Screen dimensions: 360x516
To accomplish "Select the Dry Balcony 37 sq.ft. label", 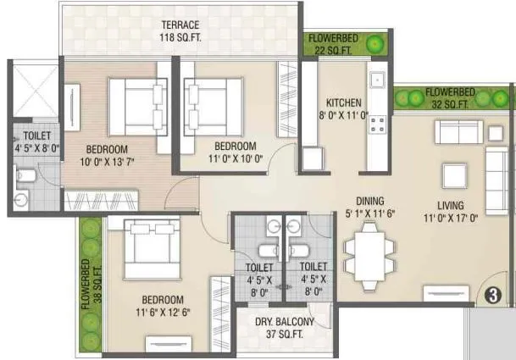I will [x=285, y=328].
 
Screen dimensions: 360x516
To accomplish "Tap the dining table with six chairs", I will [x=369, y=255].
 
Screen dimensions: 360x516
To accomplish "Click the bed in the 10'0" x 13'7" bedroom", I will [x=137, y=106].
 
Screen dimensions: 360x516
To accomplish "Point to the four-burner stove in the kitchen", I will [x=376, y=125].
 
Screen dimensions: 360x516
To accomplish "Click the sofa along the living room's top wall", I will [x=458, y=132].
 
